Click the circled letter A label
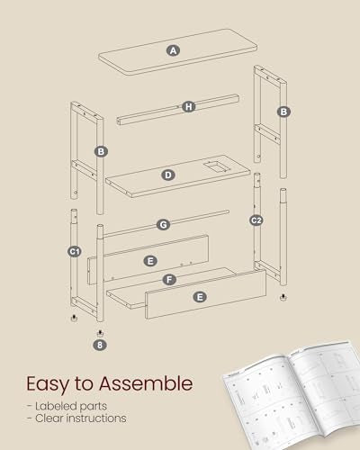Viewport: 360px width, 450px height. tap(173, 51)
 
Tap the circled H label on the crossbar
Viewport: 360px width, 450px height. tap(188, 106)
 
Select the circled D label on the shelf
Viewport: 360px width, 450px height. tap(168, 175)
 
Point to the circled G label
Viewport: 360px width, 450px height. tap(163, 224)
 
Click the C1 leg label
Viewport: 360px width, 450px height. tap(76, 253)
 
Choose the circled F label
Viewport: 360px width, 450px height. tap(170, 280)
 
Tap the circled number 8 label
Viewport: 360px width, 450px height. tap(99, 343)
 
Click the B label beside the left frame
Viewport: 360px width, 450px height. tap(101, 151)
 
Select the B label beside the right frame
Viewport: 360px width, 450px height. tap(283, 112)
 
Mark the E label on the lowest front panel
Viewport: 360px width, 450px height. tap(199, 296)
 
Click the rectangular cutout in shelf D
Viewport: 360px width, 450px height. tap(213, 166)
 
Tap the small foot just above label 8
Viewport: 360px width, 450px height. tap(99, 329)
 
